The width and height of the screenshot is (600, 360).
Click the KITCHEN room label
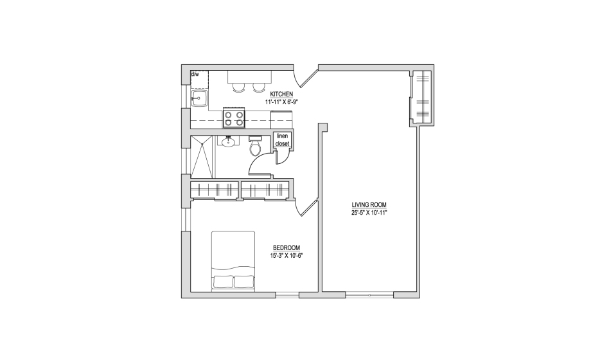click(x=281, y=94)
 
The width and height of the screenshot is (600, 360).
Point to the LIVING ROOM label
click(x=369, y=205)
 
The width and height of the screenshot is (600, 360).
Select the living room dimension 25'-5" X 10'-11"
click(x=369, y=213)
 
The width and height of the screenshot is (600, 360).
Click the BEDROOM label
click(x=287, y=248)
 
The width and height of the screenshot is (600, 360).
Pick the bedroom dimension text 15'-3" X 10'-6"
click(x=287, y=256)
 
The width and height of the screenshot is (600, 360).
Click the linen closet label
click(x=283, y=139)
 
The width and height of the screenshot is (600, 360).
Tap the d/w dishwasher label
click(x=195, y=74)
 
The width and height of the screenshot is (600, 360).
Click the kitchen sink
click(x=199, y=98)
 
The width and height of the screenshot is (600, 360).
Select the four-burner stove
click(x=234, y=118)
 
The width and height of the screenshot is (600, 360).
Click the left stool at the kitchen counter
click(x=238, y=87)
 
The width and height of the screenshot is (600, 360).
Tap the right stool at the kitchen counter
click(x=259, y=87)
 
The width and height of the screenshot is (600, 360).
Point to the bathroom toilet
click(x=255, y=145)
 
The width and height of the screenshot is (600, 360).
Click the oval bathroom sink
click(x=229, y=142)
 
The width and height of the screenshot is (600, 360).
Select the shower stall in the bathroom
click(x=202, y=156)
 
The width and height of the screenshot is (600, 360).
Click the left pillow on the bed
click(x=223, y=282)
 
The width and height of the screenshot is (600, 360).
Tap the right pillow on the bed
click(x=243, y=282)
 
